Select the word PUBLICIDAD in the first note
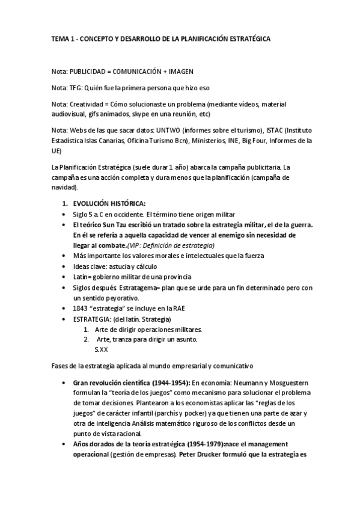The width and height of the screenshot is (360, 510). pyautogui.click(x=87, y=71)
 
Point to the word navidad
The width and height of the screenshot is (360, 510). pyautogui.click(x=64, y=187)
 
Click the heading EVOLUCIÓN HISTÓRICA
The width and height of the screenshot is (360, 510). pyautogui.click(x=108, y=203)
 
